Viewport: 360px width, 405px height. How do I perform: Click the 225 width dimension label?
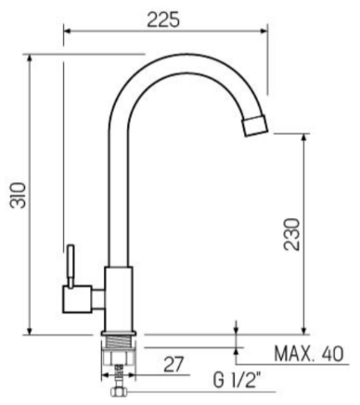163,20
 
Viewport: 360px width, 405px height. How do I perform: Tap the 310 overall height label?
18,195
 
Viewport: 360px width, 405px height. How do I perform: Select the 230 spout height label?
292,234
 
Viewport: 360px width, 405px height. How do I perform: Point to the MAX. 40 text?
309,354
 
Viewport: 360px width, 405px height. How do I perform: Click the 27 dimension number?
174,364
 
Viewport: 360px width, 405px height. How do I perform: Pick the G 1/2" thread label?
238,381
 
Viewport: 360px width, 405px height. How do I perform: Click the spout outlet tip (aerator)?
254,125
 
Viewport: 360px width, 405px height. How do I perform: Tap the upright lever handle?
71,266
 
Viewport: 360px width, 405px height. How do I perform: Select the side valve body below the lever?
77,299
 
